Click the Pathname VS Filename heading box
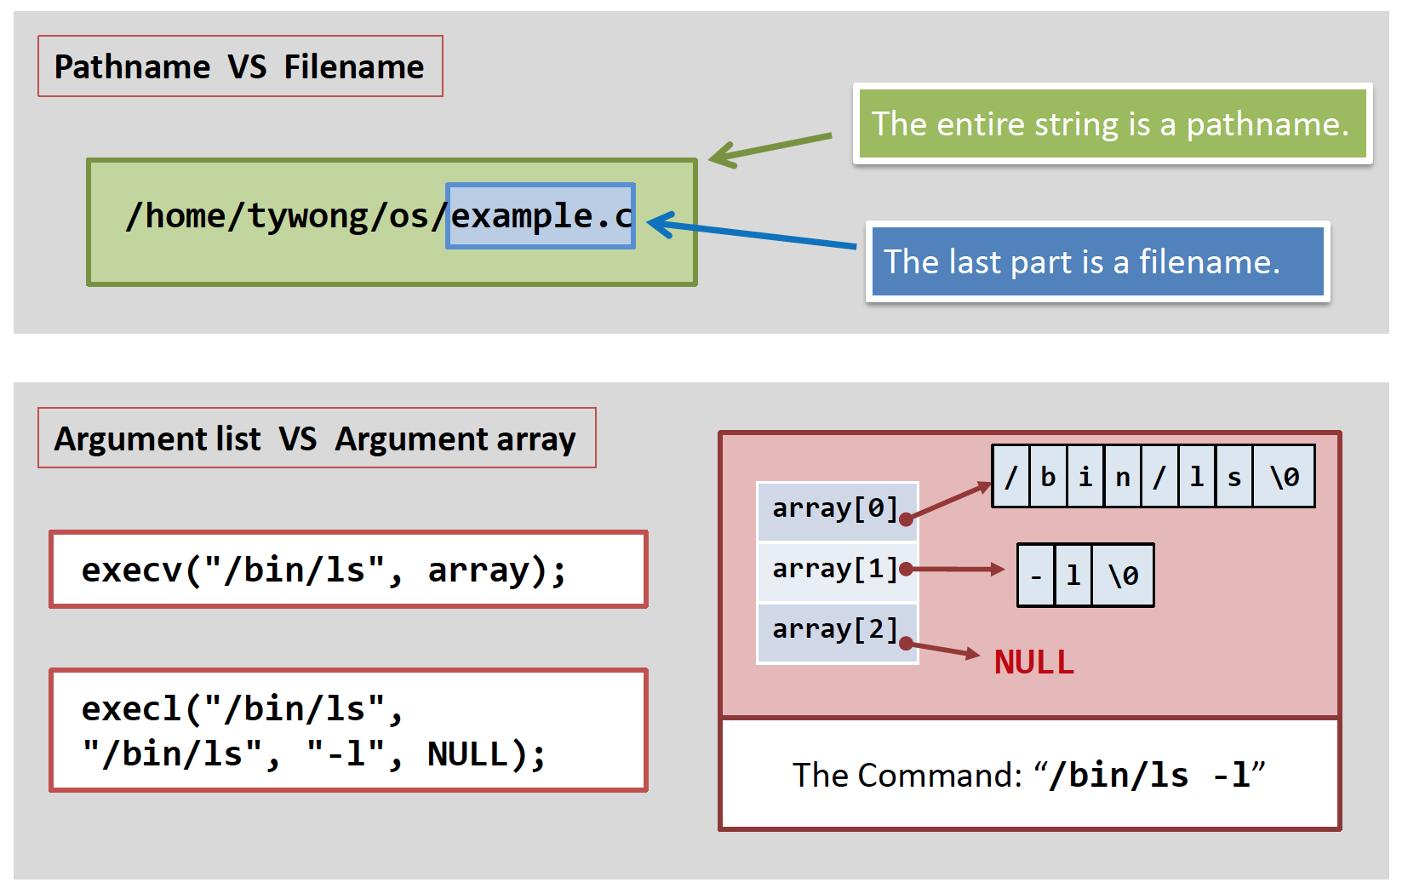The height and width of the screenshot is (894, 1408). click(x=239, y=66)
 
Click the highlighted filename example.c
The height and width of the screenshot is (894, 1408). click(x=541, y=216)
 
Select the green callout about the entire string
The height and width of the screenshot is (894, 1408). click(x=1111, y=124)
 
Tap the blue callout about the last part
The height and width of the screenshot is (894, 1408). click(x=1097, y=261)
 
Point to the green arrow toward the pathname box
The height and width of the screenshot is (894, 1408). click(x=770, y=146)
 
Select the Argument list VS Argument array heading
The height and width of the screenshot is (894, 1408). click(x=316, y=438)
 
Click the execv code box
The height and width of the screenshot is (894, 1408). click(x=348, y=570)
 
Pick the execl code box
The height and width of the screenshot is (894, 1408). click(x=348, y=731)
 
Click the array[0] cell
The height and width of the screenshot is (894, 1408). click(x=836, y=509)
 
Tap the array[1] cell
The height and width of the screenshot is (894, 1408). click(x=836, y=570)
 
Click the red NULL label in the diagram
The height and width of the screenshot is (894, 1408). click(x=1034, y=662)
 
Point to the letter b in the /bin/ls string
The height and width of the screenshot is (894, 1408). click(x=1048, y=477)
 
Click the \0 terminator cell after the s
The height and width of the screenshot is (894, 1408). click(x=1284, y=477)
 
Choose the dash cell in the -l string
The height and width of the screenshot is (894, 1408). click(x=1036, y=576)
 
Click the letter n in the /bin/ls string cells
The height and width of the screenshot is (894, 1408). click(x=1123, y=477)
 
